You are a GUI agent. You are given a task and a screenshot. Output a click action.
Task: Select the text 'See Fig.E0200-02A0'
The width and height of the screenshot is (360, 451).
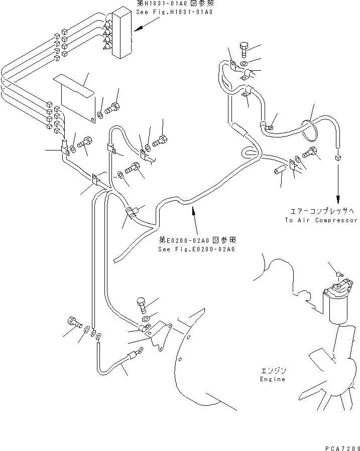(197, 249)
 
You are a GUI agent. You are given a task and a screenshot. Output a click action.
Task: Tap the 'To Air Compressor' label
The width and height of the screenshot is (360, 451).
(321, 220)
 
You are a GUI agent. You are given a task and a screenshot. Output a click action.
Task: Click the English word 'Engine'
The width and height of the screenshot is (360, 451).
(273, 379)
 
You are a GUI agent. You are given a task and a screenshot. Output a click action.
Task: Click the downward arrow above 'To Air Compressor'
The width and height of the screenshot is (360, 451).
(338, 186)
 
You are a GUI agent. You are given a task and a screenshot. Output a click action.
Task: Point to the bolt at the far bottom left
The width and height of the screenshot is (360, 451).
(72, 322)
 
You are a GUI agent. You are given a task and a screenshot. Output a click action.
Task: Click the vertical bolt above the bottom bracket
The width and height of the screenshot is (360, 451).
(141, 305)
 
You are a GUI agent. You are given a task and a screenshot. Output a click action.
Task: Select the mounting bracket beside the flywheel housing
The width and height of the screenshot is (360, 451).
(160, 335)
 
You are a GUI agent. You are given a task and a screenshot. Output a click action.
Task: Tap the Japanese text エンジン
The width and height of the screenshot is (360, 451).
(273, 370)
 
